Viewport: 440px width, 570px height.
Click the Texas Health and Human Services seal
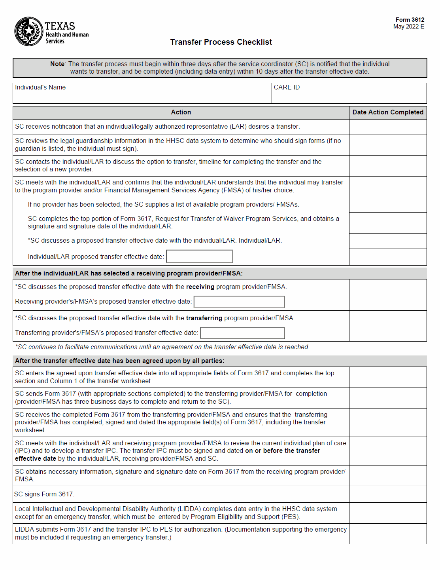pyautogui.click(x=28, y=31)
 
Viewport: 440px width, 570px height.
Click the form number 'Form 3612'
pyautogui.click(x=410, y=20)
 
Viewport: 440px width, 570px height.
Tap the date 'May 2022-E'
pyautogui.click(x=408, y=27)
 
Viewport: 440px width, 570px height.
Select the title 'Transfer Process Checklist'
pyautogui.click(x=221, y=42)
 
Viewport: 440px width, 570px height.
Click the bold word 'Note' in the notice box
pyautogui.click(x=57, y=64)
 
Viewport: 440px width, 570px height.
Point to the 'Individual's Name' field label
pyautogui.click(x=40, y=87)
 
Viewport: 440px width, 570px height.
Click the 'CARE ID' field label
pyautogui.click(x=287, y=87)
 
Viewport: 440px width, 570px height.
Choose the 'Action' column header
pyautogui.click(x=181, y=112)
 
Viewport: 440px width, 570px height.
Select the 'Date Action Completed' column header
pyautogui.click(x=388, y=112)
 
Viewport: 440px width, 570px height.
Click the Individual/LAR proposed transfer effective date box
pyautogui.click(x=199, y=256)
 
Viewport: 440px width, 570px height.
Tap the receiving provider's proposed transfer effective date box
pyautogui.click(x=239, y=302)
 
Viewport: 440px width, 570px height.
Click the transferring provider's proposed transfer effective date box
pyautogui.click(x=242, y=333)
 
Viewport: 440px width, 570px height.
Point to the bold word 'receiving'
pyautogui.click(x=200, y=287)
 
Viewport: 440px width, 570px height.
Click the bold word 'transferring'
pyautogui.click(x=204, y=318)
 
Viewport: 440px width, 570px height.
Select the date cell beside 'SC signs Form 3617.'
pyautogui.click(x=388, y=494)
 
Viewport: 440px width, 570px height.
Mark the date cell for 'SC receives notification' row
pyautogui.click(x=388, y=127)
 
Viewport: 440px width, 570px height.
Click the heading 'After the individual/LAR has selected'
pyautogui.click(x=129, y=274)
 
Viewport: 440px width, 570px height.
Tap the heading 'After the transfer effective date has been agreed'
pyautogui.click(x=119, y=361)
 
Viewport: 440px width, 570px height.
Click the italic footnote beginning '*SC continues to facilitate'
pyautogui.click(x=162, y=347)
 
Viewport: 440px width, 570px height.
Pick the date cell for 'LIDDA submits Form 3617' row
pyautogui.click(x=388, y=534)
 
